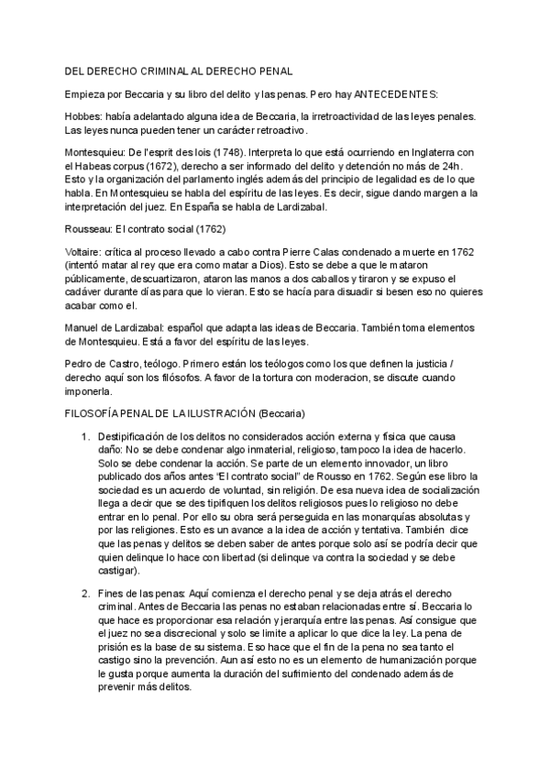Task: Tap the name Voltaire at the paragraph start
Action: (84, 252)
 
